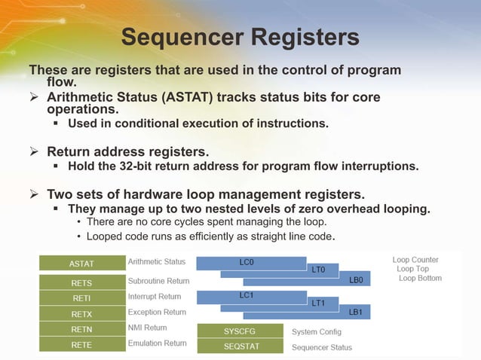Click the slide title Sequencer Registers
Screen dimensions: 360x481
pos(240,37)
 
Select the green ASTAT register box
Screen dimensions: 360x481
pos(81,264)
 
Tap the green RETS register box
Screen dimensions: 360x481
pos(81,283)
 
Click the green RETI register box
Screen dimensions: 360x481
pos(81,298)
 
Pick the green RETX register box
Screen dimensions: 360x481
pos(81,313)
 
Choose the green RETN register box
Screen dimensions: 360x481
pos(81,329)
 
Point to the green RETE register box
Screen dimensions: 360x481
pos(81,345)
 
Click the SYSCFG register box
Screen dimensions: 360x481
pos(240,331)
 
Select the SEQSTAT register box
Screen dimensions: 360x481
pos(240,346)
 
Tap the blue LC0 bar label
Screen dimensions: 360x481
pos(247,261)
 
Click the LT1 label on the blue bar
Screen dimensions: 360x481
pos(318,303)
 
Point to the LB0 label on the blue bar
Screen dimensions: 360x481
pos(356,280)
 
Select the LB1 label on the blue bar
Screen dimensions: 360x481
pos(356,312)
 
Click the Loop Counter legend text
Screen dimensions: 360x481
pos(415,260)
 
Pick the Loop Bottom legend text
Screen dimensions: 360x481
pos(420,278)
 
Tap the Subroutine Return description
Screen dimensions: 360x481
pos(158,280)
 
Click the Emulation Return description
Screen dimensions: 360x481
pos(157,343)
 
